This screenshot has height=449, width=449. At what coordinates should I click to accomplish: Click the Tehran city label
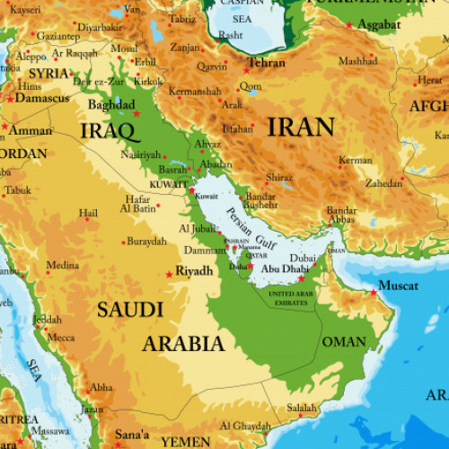pyautogui.click(x=267, y=63)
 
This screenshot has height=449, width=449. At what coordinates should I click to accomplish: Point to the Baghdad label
pyautogui.click(x=111, y=105)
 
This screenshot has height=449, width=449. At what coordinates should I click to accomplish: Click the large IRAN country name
pyautogui.click(x=302, y=127)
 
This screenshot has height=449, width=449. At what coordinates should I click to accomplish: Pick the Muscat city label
pyautogui.click(x=398, y=286)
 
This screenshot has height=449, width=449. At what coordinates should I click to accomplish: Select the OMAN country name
pyautogui.click(x=344, y=341)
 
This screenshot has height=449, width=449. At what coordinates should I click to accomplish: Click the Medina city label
pyautogui.click(x=63, y=265)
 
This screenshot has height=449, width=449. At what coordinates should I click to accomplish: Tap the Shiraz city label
pyautogui.click(x=279, y=177)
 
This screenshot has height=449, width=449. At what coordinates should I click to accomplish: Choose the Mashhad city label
pyautogui.click(x=357, y=61)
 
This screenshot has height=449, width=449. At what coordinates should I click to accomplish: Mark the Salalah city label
pyautogui.click(x=302, y=407)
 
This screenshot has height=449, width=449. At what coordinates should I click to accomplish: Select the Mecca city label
pyautogui.click(x=61, y=338)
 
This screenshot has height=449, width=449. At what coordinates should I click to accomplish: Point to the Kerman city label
pyautogui.click(x=356, y=161)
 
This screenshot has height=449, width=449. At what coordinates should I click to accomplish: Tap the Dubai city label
pyautogui.click(x=303, y=259)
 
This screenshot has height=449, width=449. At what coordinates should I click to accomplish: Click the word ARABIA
pyautogui.click(x=183, y=343)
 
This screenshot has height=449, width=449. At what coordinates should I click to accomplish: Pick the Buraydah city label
pyautogui.click(x=145, y=242)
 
